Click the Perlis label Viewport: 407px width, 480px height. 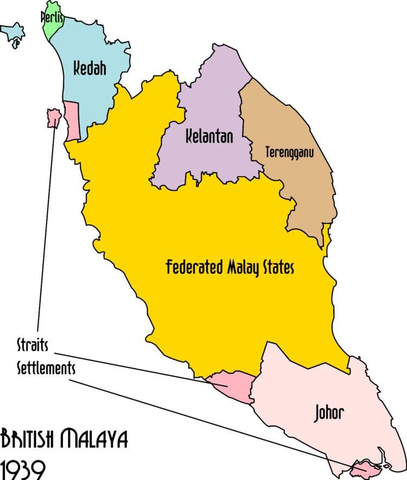tap(53, 17)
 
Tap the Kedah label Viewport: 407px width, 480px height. tap(90, 69)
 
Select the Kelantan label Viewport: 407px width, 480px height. tap(209, 136)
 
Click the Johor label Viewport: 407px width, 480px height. tap(329, 413)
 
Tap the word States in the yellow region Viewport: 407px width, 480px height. tap(279, 267)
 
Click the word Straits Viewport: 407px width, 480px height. tap(33, 345)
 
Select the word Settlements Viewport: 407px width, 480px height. tap(46, 368)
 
